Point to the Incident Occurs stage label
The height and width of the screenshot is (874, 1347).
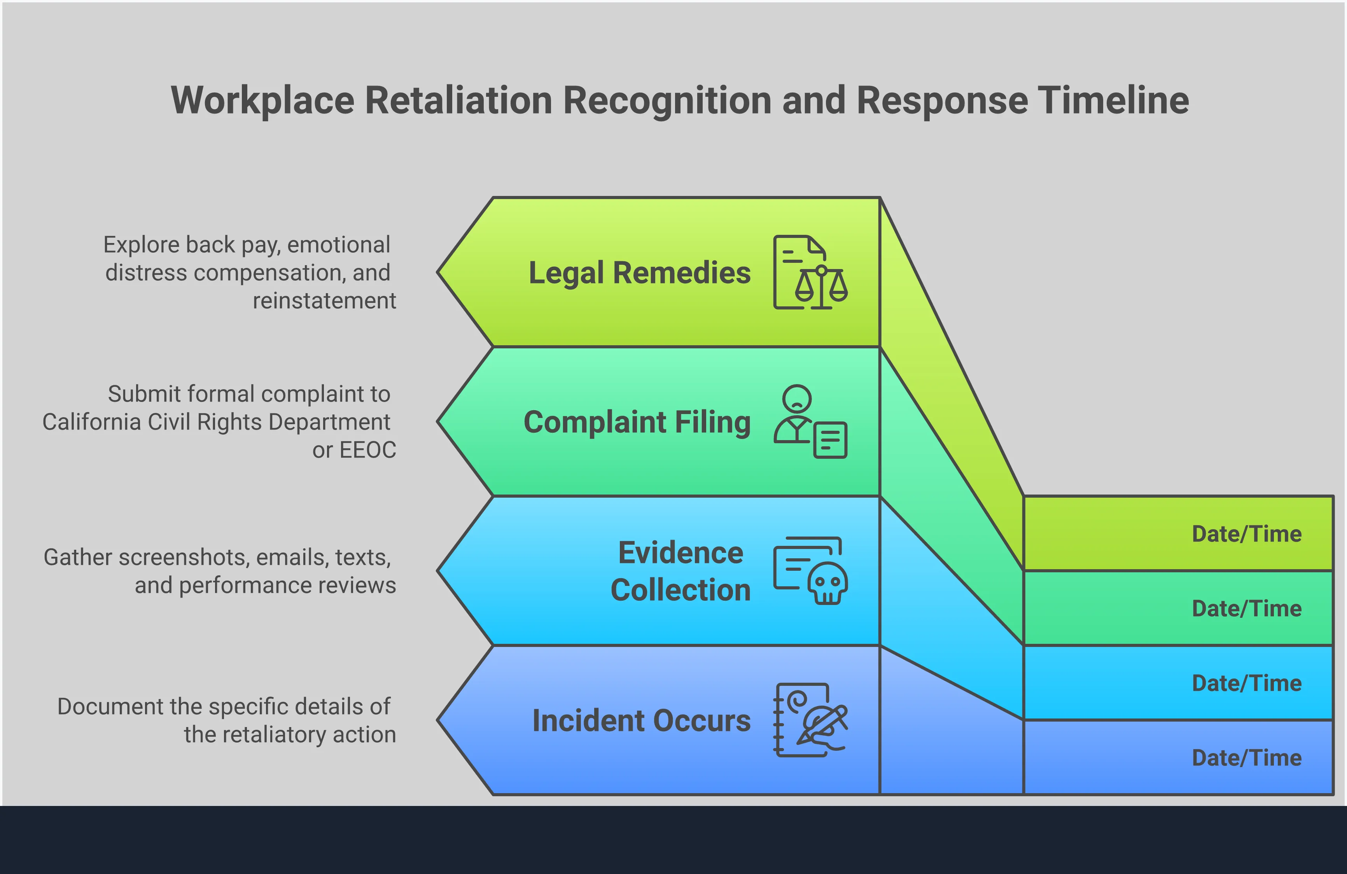pos(641,721)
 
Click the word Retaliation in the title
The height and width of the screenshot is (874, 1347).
pos(458,101)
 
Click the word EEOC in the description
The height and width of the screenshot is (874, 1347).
pos(367,450)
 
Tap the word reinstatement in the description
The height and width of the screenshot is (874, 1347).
pos(324,301)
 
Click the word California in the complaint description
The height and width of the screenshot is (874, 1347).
pos(91,422)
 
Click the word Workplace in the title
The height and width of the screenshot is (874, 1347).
pos(262,101)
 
